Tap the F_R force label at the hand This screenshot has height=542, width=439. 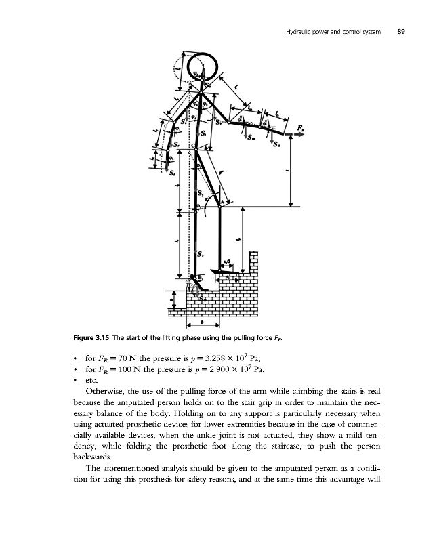pyautogui.click(x=299, y=129)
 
